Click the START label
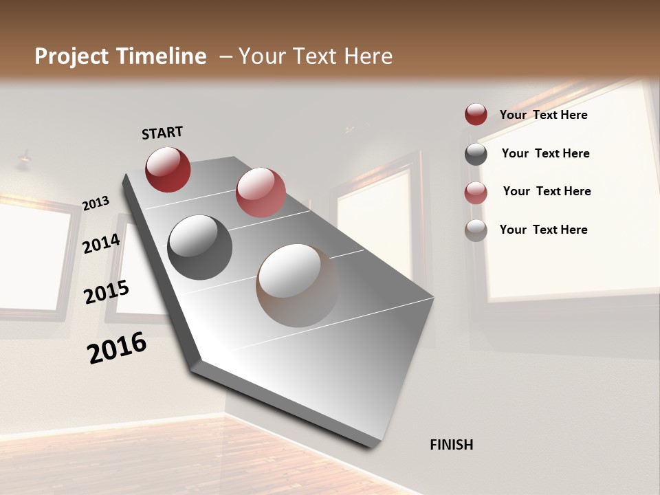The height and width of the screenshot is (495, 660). pyautogui.click(x=162, y=133)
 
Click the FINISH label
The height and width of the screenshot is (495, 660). pyautogui.click(x=452, y=445)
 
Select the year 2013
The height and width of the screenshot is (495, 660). pyautogui.click(x=96, y=203)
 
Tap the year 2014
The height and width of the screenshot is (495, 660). pyautogui.click(x=102, y=244)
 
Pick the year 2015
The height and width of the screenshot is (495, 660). pyautogui.click(x=107, y=292)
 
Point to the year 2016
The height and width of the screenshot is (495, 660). pyautogui.click(x=117, y=348)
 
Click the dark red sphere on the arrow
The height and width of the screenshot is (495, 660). pyautogui.click(x=168, y=169)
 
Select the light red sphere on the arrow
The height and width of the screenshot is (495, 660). pyautogui.click(x=261, y=192)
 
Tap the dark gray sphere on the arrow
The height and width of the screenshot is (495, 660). pyautogui.click(x=199, y=247)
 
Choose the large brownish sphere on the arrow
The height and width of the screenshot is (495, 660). pyautogui.click(x=298, y=285)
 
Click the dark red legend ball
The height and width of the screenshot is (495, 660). pyautogui.click(x=476, y=115)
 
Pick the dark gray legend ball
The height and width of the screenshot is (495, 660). pyautogui.click(x=476, y=154)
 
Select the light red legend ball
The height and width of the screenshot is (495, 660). pyautogui.click(x=476, y=192)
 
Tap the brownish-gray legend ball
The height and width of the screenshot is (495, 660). pyautogui.click(x=476, y=230)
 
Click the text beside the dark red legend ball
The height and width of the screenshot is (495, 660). pyautogui.click(x=543, y=115)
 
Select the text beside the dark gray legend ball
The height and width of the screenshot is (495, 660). pyautogui.click(x=545, y=153)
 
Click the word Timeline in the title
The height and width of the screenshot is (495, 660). pyautogui.click(x=162, y=56)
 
